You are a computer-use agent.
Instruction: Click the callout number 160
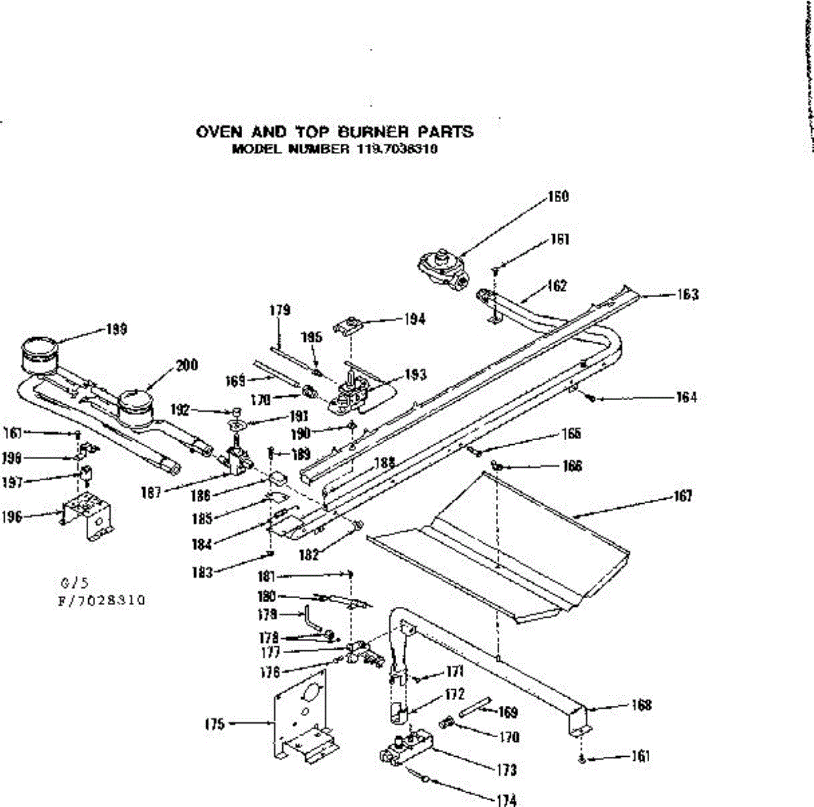tap(558, 197)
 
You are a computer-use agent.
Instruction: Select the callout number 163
tap(687, 295)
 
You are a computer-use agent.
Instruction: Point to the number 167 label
tap(682, 496)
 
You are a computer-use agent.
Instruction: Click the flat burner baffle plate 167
tap(502, 543)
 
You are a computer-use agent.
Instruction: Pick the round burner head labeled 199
tap(38, 354)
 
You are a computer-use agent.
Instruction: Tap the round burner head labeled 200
tap(136, 408)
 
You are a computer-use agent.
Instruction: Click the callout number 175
tap(214, 724)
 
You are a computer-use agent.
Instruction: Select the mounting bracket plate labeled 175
tap(302, 719)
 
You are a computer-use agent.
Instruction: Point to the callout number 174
tap(506, 801)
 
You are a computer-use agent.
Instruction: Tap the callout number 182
tap(309, 555)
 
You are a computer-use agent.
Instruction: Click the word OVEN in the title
tap(218, 132)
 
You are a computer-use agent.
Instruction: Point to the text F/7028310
tap(101, 600)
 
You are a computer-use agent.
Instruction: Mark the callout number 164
tap(686, 397)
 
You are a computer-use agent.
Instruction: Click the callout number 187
tap(151, 492)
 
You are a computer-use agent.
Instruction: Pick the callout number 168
tap(641, 705)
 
